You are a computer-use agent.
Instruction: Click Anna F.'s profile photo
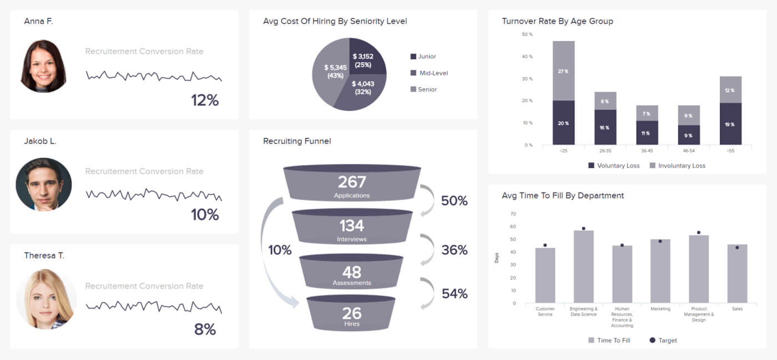pos(43,65)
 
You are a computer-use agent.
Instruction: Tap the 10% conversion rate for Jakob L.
pos(205,215)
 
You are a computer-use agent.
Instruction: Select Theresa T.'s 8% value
pos(205,329)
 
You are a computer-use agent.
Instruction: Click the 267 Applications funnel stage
pos(352,186)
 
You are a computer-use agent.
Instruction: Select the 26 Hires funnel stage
pos(351,316)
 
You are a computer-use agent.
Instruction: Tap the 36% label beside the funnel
pos(454,250)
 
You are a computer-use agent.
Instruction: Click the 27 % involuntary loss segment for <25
pos(563,71)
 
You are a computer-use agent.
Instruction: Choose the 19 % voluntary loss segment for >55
pos(730,124)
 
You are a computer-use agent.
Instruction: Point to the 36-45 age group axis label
pos(647,150)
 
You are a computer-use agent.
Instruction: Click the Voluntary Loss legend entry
pos(613,166)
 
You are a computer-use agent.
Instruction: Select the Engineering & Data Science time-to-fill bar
pos(583,266)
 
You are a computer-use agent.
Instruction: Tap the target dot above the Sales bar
pos(737,247)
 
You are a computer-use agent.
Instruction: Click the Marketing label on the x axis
pos(660,309)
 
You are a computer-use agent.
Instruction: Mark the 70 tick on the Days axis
pos(513,214)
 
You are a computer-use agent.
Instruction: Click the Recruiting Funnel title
pos(297,141)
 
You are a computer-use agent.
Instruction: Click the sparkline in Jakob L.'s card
pos(153,195)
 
